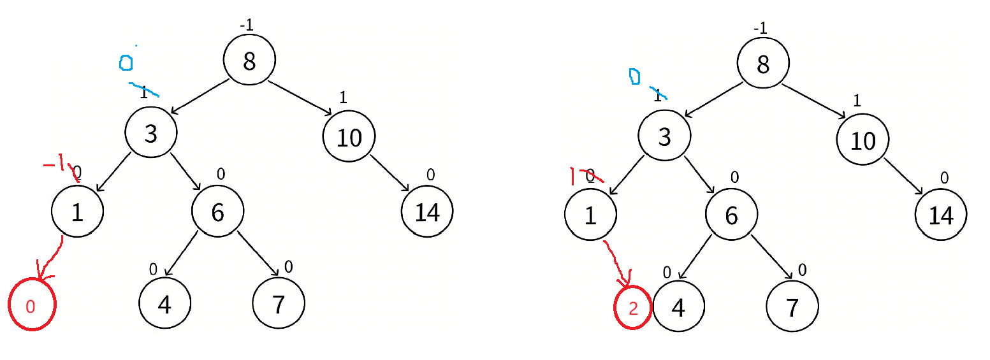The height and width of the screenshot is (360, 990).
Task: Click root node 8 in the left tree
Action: pos(249,60)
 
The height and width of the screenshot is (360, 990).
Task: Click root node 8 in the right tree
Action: pos(762,64)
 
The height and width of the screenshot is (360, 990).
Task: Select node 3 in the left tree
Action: pos(150,133)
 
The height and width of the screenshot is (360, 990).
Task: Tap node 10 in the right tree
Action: pos(863,140)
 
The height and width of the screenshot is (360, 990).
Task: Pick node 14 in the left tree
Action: pos(427,212)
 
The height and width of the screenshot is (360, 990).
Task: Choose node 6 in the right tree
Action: pos(731,215)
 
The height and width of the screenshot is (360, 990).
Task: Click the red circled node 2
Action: pos(633,308)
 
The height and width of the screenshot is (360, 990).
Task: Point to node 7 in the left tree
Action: pos(279,305)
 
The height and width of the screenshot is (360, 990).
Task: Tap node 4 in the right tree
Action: pos(678,307)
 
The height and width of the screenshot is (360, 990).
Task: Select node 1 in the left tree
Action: pos(77,212)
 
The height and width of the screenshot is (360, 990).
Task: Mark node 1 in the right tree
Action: pos(590,215)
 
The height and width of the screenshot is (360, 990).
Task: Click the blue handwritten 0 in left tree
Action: pos(126,62)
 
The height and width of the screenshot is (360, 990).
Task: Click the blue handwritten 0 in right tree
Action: pos(634,76)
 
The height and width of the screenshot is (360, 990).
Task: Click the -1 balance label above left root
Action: pos(246,25)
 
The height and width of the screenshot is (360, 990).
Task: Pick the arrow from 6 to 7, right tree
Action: pos(771,257)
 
